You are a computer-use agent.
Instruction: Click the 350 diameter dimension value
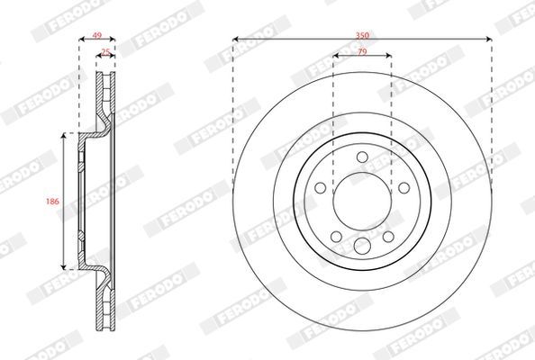point(362,35)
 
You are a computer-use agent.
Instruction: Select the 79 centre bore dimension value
point(362,52)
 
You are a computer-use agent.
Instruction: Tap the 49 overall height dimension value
point(97,35)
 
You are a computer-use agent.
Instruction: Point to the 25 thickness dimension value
point(105,52)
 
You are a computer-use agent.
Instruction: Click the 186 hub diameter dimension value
point(52,201)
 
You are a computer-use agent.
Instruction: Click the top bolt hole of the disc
point(362,157)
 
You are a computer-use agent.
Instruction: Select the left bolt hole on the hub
point(321,187)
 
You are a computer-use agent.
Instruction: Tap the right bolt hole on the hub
point(404,187)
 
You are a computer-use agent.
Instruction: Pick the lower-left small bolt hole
point(337,237)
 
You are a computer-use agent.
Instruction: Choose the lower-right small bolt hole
point(388,237)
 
